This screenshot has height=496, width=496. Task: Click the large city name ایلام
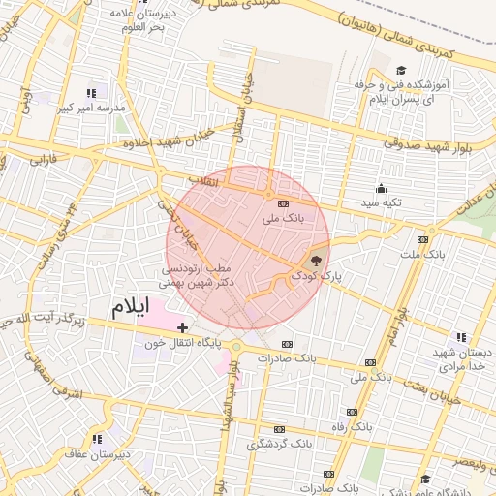tap(132, 307)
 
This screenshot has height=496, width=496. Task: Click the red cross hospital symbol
tap(183, 328)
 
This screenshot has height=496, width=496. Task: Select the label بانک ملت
tap(422, 254)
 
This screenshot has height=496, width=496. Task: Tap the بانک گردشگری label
tap(279, 444)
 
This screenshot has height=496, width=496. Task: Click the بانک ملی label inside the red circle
tap(283, 219)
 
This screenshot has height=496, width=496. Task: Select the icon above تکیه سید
tap(382, 188)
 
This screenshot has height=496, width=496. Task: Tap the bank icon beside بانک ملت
tap(422, 239)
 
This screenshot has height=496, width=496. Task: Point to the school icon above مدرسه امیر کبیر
tap(91, 94)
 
